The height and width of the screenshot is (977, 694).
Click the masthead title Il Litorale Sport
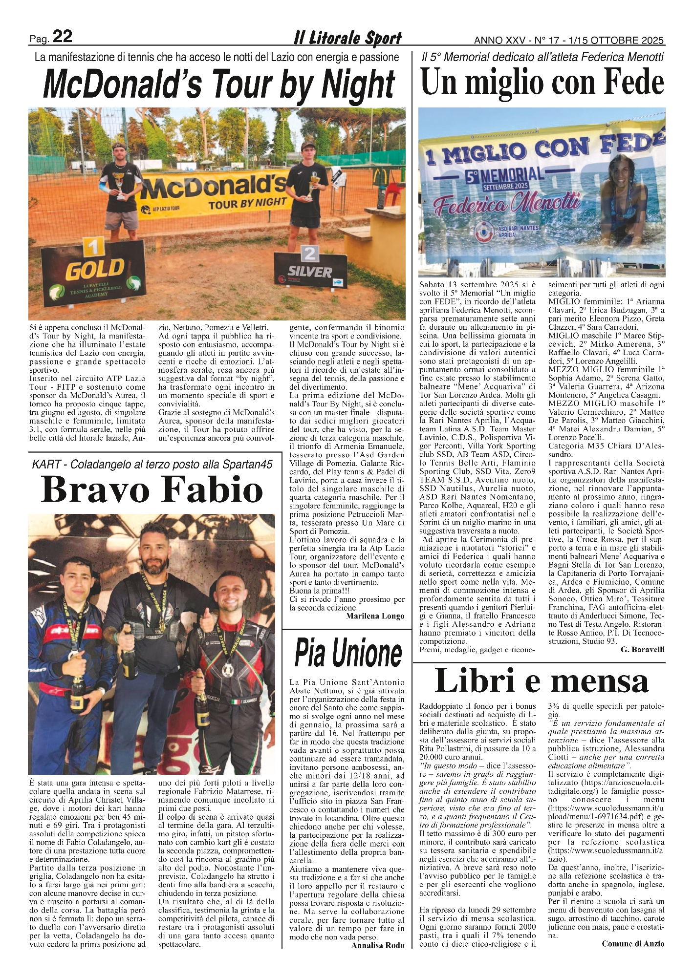click(x=347, y=38)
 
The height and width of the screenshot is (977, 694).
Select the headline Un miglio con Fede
click(x=542, y=82)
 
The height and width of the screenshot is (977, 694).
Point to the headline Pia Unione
click(x=348, y=652)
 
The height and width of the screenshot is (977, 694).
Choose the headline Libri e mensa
click(x=542, y=680)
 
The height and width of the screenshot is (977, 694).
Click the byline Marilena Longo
click(x=375, y=616)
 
